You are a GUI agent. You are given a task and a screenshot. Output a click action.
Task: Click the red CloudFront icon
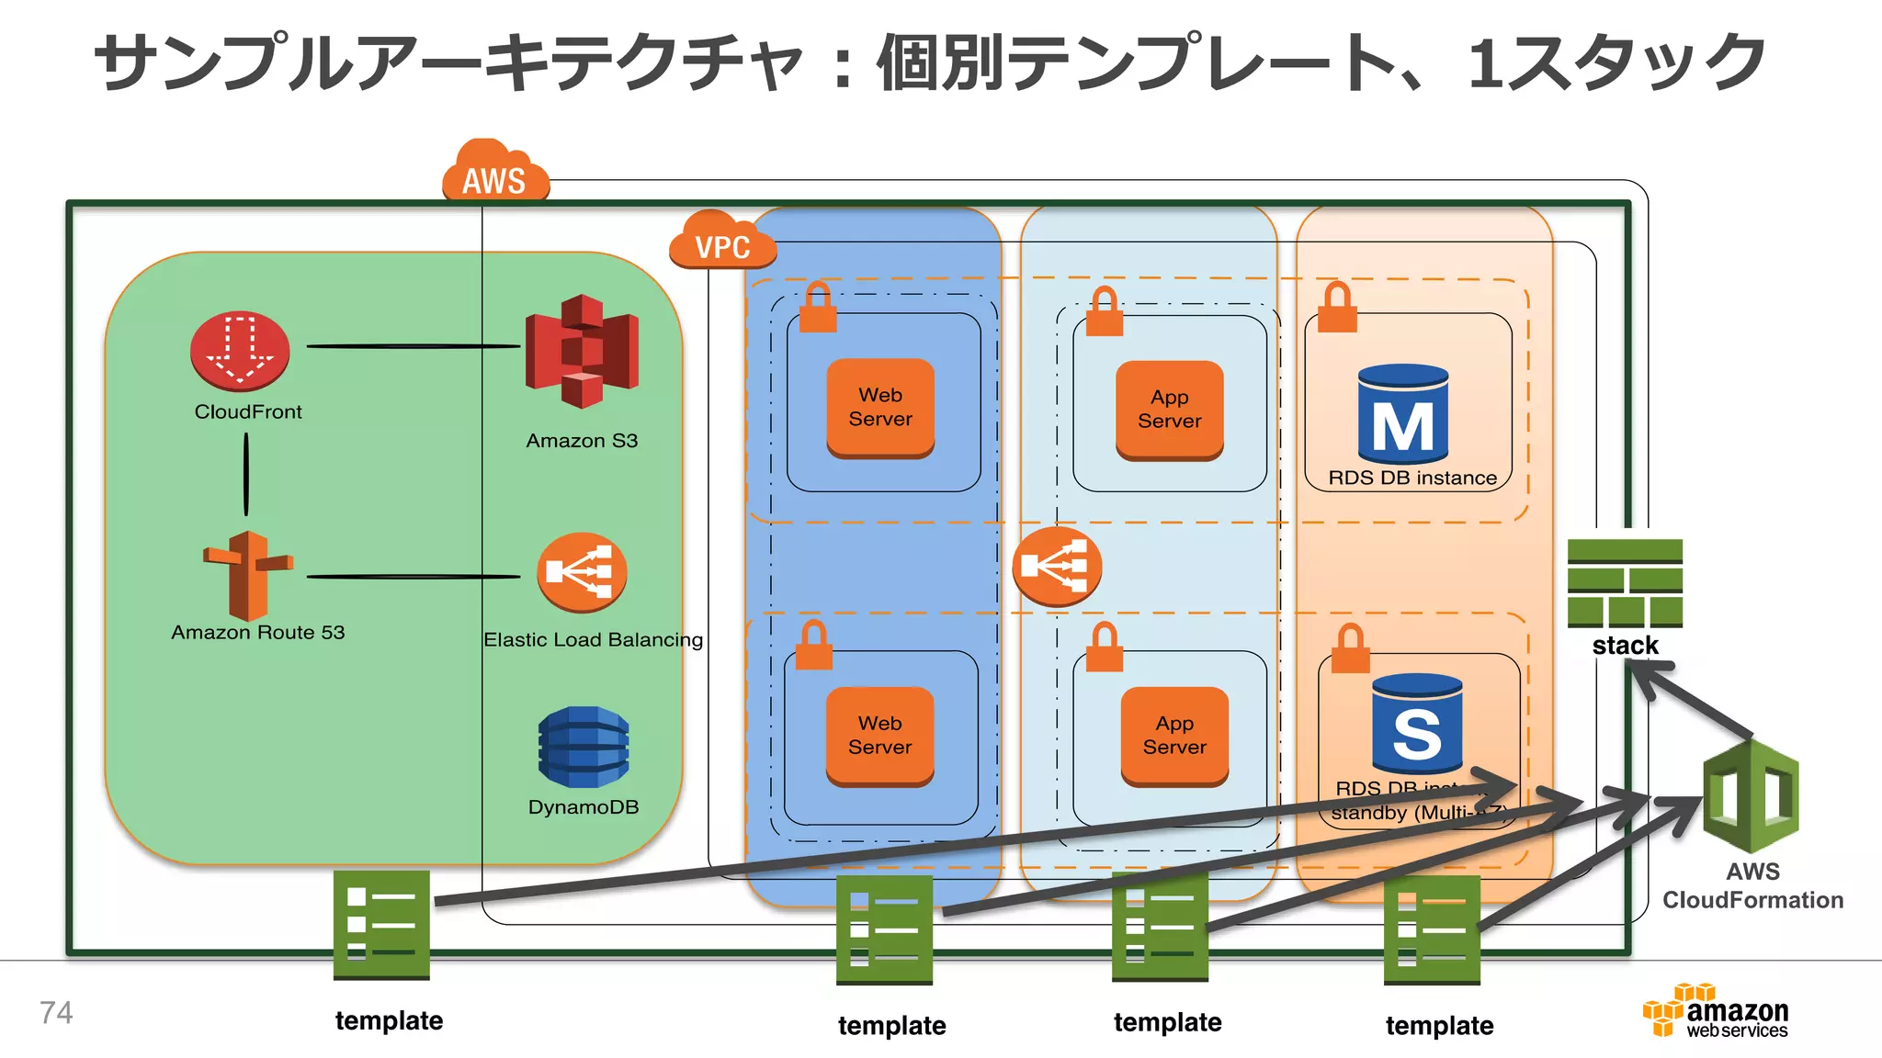tap(240, 352)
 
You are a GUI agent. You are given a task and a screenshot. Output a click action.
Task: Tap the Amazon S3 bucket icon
tap(582, 352)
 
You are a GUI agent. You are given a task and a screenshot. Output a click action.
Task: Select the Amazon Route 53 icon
tap(247, 576)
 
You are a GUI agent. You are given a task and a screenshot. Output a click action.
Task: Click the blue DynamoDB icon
tap(584, 747)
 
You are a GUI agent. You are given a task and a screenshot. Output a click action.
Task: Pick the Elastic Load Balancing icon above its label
tap(582, 572)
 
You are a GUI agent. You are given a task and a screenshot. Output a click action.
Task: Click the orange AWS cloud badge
tap(495, 174)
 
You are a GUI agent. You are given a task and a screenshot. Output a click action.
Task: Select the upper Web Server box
tap(880, 408)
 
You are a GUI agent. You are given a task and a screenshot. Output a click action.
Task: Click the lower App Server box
tap(1174, 736)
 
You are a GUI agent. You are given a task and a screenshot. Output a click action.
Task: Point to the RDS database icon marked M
tap(1403, 414)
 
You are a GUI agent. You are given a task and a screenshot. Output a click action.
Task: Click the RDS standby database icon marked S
tap(1416, 724)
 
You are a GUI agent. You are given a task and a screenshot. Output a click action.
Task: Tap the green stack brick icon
tap(1625, 582)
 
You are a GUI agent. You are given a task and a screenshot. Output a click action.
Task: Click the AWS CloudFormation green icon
tap(1751, 796)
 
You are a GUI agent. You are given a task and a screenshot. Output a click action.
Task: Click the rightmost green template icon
tap(1432, 929)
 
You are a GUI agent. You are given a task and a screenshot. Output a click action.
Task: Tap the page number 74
tap(56, 1013)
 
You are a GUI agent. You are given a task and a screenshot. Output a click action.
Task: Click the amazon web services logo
tap(1717, 1011)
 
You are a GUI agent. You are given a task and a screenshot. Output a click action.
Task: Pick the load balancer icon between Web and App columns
tap(1057, 566)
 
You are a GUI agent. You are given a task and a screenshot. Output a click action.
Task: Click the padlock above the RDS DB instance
tap(1337, 308)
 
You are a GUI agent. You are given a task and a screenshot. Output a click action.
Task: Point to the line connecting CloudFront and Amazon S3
tap(414, 346)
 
